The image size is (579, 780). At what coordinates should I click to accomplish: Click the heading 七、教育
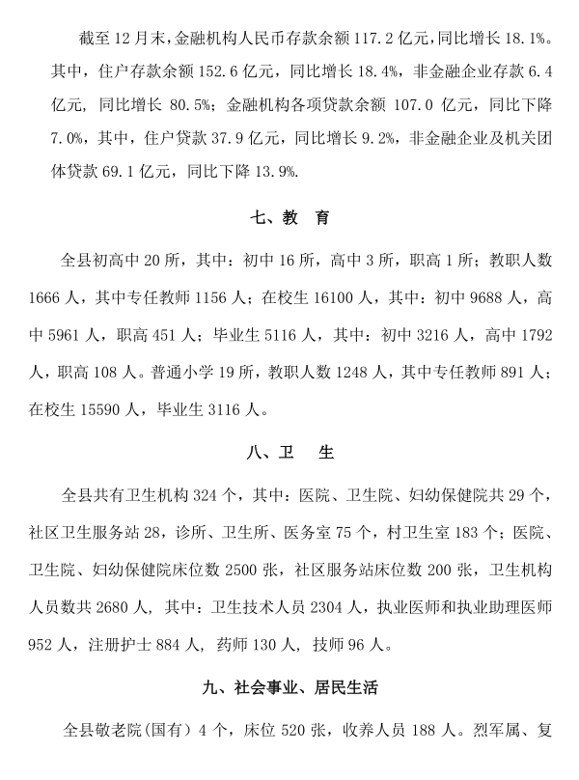click(x=289, y=219)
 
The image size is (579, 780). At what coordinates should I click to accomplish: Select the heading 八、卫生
click(x=289, y=453)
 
